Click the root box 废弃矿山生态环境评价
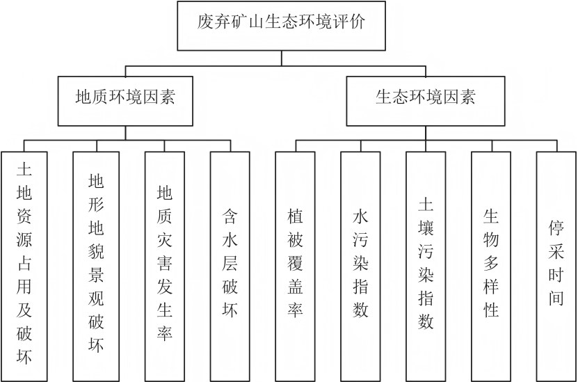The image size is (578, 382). [282, 26]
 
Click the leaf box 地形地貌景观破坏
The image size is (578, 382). [96, 265]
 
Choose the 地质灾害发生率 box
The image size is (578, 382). [165, 265]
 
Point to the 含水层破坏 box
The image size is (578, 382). [230, 265]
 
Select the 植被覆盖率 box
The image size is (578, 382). [295, 265]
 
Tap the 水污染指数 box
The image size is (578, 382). [360, 265]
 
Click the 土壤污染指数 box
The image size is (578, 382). [426, 265]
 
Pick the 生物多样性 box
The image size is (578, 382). [491, 265]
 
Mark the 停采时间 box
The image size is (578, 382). [556, 265]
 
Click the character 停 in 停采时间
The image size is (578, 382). [556, 230]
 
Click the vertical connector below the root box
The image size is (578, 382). [282, 58]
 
